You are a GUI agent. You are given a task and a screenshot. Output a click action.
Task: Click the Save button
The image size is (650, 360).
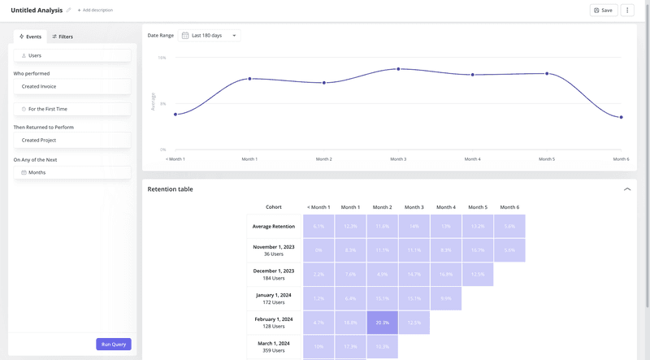coord(603,10)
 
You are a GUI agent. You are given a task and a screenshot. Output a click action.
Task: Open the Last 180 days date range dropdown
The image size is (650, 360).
coord(210,36)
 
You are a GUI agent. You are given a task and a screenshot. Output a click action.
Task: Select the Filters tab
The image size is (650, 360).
coord(63,37)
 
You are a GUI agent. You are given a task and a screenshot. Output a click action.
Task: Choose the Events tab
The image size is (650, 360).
coord(31,37)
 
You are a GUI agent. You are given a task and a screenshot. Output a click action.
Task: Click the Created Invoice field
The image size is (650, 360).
coord(72,86)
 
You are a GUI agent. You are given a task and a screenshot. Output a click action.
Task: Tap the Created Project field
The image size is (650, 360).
coord(72,140)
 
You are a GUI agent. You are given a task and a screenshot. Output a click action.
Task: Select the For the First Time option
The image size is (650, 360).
coord(72,108)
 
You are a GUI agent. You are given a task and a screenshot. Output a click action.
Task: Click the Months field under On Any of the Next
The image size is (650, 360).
coord(72,172)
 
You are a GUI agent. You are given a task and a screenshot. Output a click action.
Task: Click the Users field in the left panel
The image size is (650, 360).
coord(72,55)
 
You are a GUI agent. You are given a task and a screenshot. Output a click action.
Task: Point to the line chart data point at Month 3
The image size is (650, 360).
coord(398,69)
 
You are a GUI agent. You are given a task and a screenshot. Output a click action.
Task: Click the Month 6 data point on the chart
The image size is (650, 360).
coord(621,117)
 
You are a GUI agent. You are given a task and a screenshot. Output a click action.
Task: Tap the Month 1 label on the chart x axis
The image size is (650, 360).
coord(249,159)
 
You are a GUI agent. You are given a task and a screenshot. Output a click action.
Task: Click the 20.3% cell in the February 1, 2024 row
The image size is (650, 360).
coord(382,323)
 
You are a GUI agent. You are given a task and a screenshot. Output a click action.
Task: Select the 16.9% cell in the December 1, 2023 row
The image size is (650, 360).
coord(445,275)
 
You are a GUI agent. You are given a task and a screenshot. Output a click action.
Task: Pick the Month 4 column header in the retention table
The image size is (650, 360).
coord(445,207)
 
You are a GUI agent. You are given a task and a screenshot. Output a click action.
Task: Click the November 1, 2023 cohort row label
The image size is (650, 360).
coord(274,250)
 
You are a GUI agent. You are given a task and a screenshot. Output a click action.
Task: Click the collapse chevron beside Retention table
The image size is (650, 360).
coord(626,189)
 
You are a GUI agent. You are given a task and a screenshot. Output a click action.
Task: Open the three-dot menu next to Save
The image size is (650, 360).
coord(627,10)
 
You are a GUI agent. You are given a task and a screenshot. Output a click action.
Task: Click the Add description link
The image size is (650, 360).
coord(96,10)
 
